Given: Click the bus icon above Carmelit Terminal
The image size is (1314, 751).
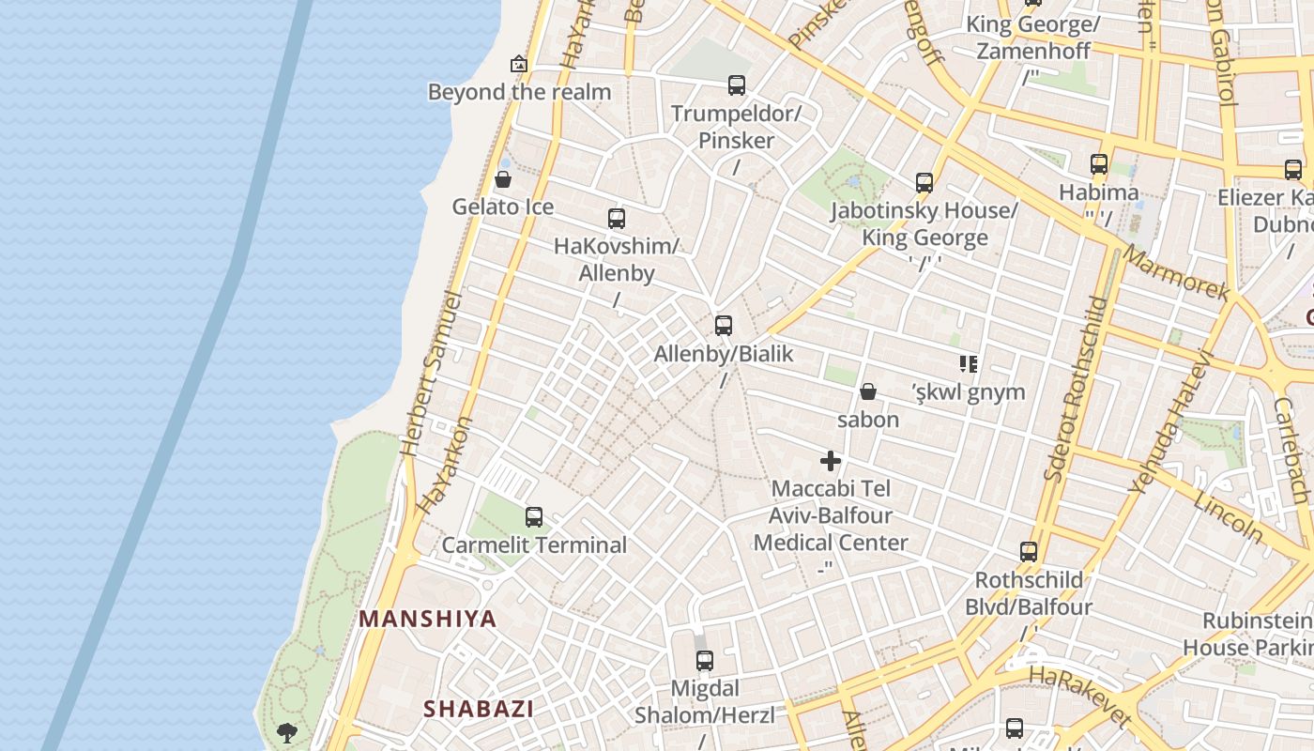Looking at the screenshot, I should (x=534, y=517).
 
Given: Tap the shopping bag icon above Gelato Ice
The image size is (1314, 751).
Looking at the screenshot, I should (x=503, y=179).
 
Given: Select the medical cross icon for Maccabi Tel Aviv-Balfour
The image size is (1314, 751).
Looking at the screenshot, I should (x=831, y=461).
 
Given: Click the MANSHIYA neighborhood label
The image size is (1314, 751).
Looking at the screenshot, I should (x=428, y=619).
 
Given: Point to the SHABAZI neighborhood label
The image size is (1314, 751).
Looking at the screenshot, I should (x=478, y=709).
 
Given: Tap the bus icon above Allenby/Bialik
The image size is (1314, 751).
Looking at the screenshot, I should (x=724, y=326).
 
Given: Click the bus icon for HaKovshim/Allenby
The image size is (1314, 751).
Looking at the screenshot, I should (x=617, y=219).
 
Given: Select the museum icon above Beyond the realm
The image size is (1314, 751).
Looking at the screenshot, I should (x=519, y=64).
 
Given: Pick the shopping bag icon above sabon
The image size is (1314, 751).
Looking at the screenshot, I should (x=868, y=391).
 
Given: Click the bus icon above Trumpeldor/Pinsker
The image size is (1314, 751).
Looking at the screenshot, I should (x=737, y=85).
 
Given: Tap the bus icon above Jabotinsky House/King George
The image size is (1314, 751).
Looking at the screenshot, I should (x=924, y=182).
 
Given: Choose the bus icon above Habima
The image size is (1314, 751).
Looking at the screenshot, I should (x=1099, y=164).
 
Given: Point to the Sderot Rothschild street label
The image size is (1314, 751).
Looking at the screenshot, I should (x=1076, y=390).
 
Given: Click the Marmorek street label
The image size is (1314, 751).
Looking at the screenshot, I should (x=1176, y=273).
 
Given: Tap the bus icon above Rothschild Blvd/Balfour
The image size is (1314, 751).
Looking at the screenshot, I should (x=1029, y=551).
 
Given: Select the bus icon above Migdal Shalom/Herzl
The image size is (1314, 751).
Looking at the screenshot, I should (x=705, y=661).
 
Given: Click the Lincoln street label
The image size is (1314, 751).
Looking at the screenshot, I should (x=1229, y=517).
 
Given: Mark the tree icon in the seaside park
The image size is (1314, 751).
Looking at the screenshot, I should (x=287, y=731).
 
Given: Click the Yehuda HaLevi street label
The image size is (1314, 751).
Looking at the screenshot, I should (x=1169, y=422).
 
